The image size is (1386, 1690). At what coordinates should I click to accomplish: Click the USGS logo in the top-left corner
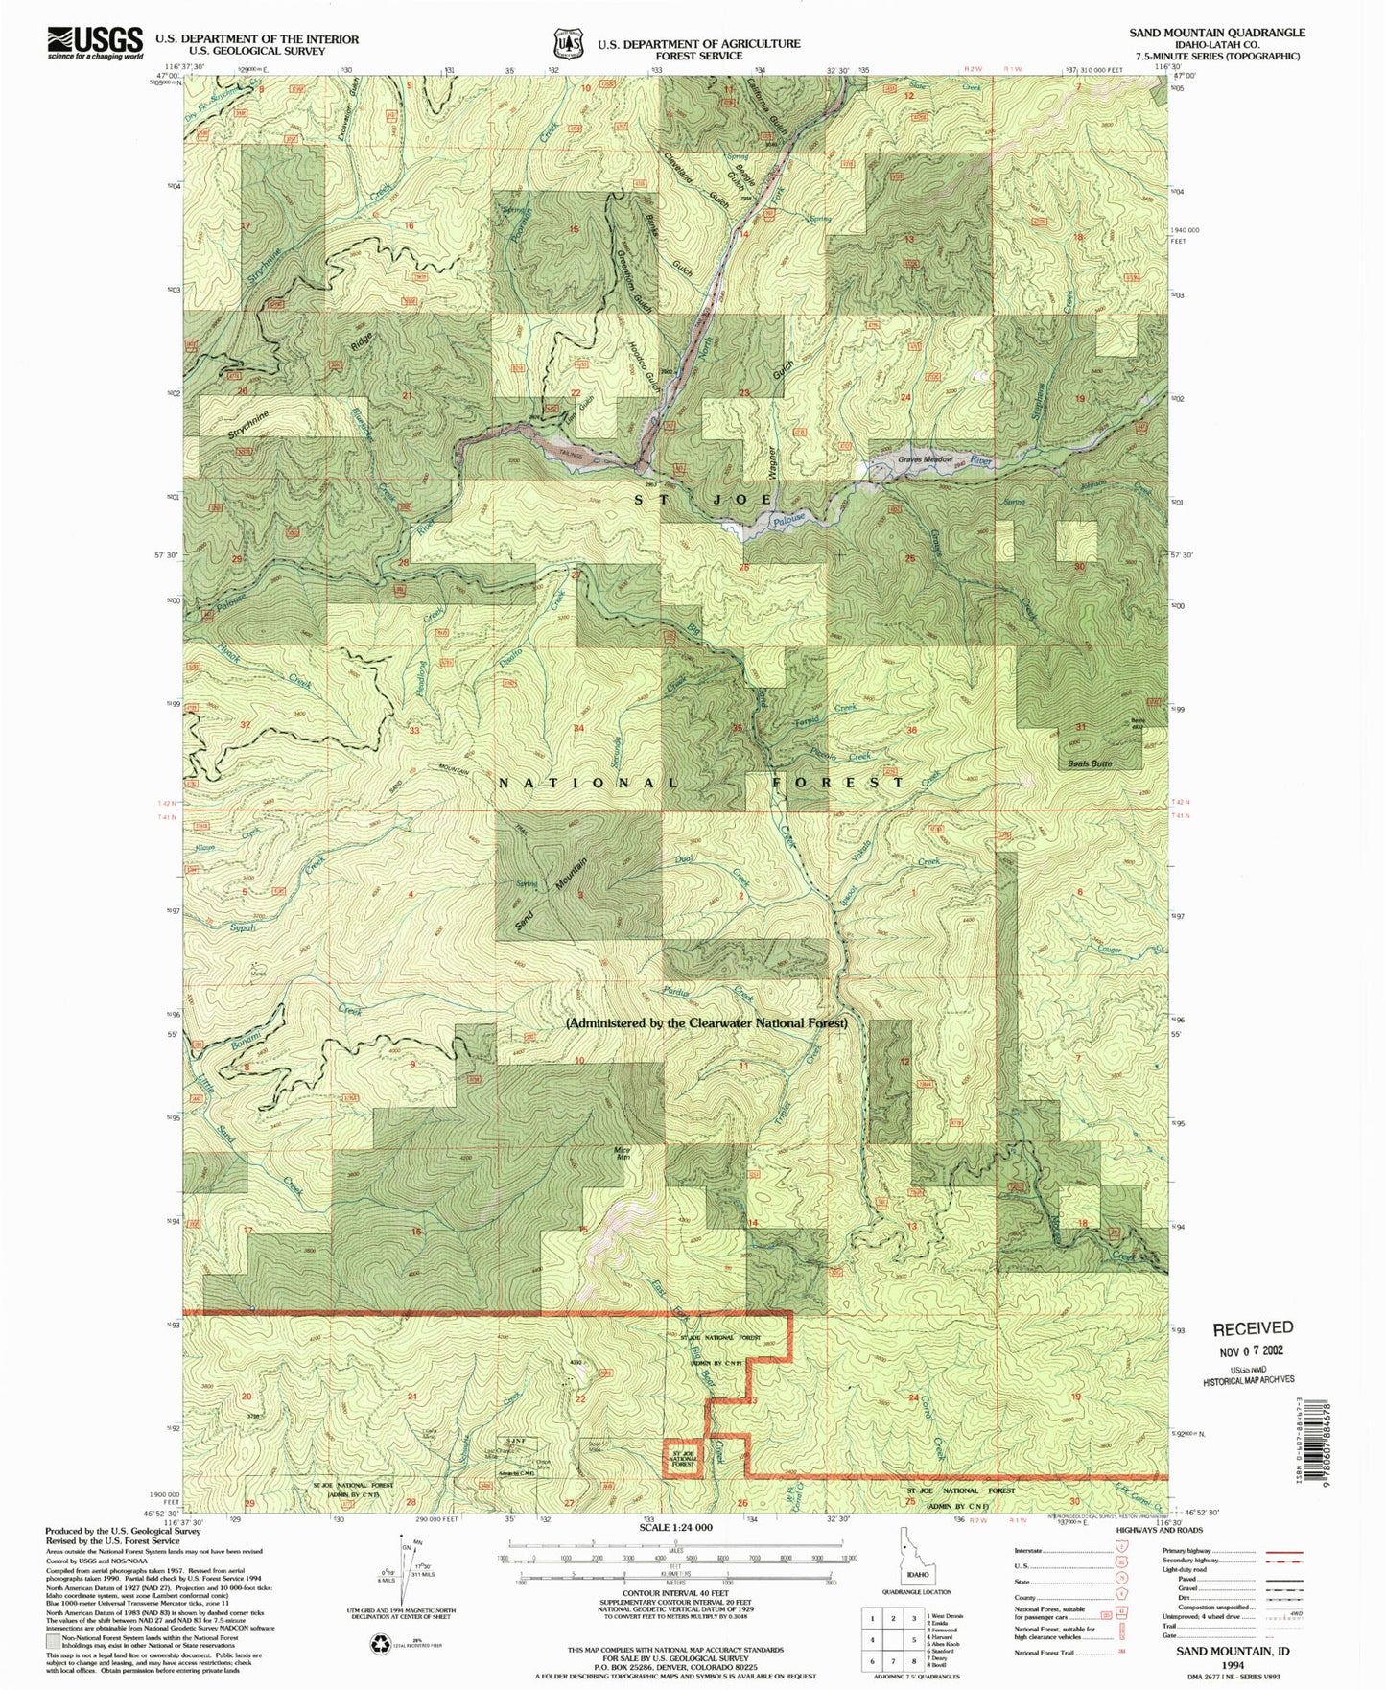(x=96, y=43)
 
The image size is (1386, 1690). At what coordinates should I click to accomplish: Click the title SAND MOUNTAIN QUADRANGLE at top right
(x=1216, y=32)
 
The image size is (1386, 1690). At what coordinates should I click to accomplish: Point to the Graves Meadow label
(x=925, y=459)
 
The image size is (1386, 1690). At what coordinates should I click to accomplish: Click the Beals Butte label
(x=1090, y=763)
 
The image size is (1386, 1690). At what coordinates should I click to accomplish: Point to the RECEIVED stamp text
(x=1253, y=1327)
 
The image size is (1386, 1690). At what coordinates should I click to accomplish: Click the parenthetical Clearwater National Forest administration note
(x=706, y=1023)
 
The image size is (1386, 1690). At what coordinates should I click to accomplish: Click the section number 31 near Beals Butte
(x=1080, y=727)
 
